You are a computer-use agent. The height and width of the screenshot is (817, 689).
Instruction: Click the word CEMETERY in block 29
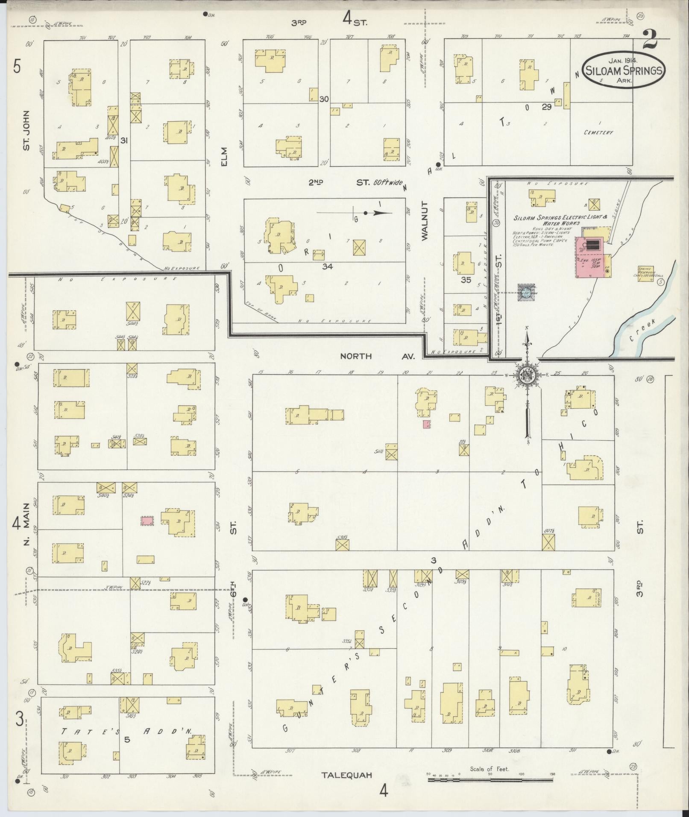[598, 132]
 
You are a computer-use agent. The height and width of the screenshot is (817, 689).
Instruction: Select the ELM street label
[225, 157]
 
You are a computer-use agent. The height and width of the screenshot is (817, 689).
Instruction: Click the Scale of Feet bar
[490, 779]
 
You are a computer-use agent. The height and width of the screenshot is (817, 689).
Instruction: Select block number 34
[328, 266]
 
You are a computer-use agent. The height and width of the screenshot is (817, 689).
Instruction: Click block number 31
[124, 140]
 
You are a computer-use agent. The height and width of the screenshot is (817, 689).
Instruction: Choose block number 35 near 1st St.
[466, 281]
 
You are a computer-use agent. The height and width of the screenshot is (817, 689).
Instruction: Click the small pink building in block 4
[147, 521]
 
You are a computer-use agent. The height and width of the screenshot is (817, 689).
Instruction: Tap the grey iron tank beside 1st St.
[525, 293]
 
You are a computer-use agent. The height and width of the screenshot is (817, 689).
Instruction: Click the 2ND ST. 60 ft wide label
[357, 182]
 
